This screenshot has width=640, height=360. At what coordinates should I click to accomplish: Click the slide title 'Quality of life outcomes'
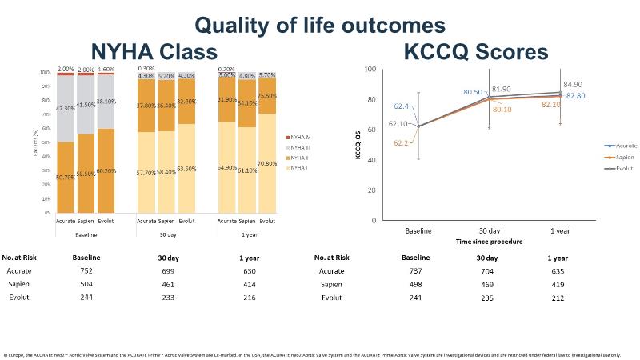[x=320, y=25]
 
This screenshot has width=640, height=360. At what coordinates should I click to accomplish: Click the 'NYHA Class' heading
[x=154, y=53]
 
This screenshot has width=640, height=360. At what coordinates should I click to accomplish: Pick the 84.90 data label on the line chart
[x=573, y=83]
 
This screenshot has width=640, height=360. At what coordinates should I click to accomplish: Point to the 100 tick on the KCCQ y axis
[x=370, y=69]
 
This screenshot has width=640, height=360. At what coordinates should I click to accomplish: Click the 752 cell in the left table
[x=86, y=270]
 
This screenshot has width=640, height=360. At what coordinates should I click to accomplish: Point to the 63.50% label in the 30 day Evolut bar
[x=187, y=169]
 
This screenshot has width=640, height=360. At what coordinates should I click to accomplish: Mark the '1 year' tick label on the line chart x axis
[x=560, y=230]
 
